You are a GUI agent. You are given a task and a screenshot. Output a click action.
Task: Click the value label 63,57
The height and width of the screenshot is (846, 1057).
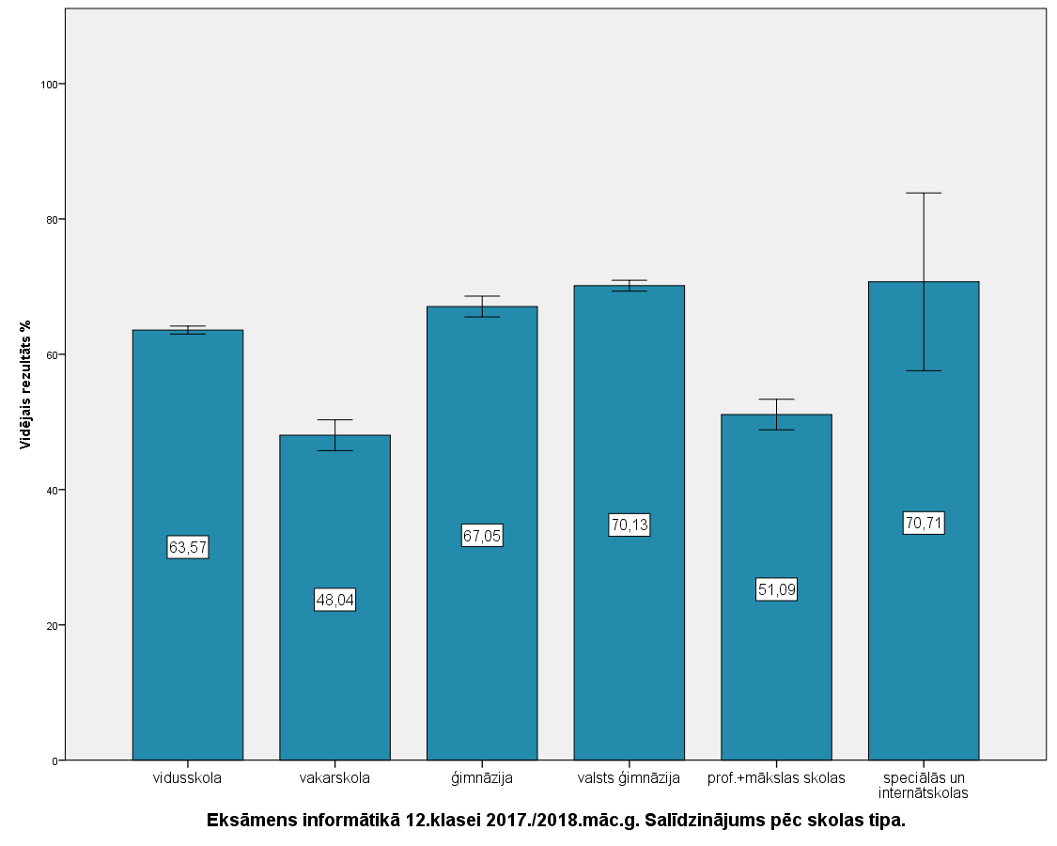[x=188, y=547]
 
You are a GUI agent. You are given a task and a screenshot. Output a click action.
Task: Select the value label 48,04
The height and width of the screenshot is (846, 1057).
[x=334, y=600]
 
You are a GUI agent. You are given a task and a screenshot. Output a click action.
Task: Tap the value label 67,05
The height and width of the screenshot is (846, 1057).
[x=482, y=536]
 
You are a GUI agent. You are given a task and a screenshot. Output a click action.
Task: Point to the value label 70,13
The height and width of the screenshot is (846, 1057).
[x=630, y=525]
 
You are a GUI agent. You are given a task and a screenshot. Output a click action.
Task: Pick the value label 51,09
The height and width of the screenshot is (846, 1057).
[x=776, y=589]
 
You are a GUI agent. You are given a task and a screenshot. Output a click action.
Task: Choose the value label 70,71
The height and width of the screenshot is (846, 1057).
[x=924, y=523]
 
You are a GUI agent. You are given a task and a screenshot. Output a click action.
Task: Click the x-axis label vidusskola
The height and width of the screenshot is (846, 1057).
[x=188, y=778]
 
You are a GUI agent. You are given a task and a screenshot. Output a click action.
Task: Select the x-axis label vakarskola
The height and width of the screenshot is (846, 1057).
[x=334, y=778]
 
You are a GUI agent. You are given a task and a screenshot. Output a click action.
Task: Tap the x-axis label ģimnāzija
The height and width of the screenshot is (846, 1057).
[x=482, y=778]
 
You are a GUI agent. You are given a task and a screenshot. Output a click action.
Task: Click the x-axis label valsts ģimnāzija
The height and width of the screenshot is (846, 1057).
[x=630, y=778]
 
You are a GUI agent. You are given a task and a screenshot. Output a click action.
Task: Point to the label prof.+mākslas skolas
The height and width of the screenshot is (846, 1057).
[x=776, y=778]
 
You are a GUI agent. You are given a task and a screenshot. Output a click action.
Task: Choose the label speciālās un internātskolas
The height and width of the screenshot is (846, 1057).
[x=924, y=785]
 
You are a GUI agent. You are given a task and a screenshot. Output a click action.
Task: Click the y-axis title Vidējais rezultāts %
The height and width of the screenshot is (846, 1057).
[x=26, y=384]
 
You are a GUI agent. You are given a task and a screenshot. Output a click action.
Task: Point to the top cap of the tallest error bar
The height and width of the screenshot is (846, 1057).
[x=924, y=193]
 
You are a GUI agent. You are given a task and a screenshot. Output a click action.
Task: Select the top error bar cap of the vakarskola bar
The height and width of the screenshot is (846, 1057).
[x=334, y=420]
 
